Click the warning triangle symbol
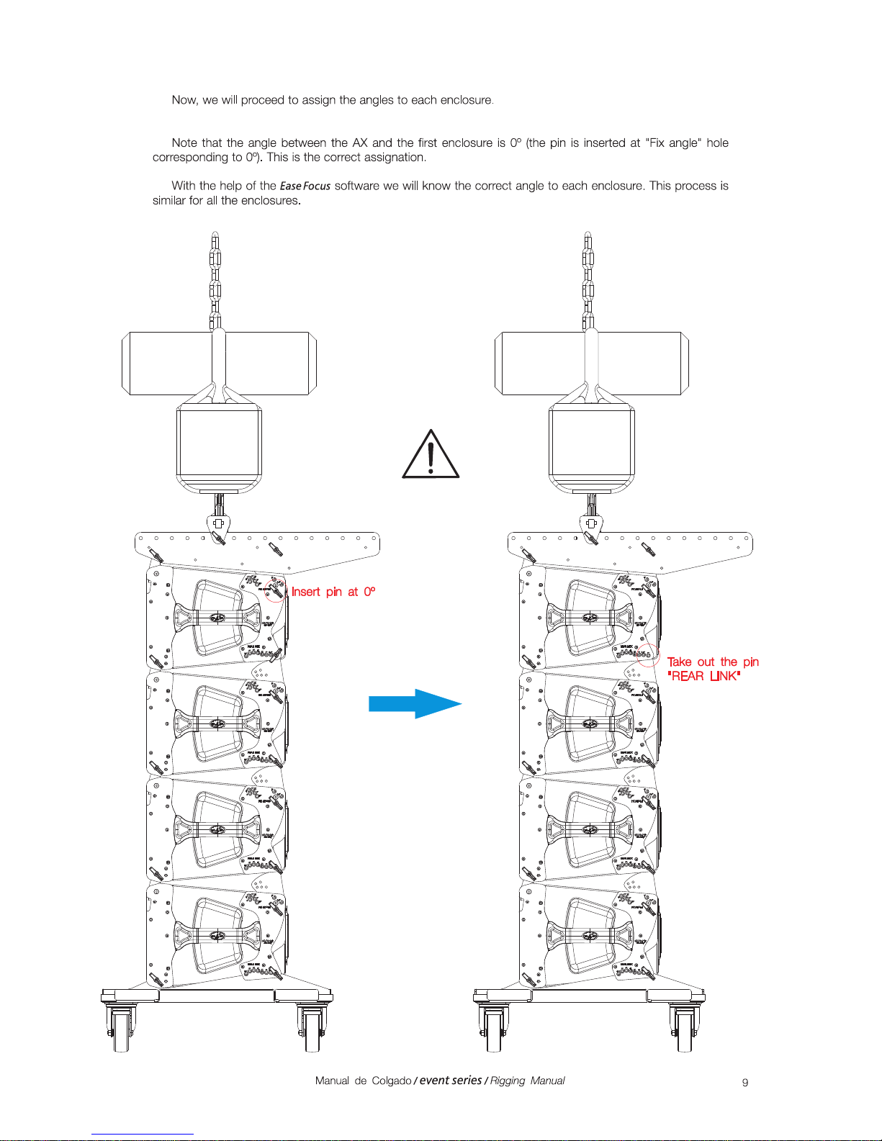click(430, 456)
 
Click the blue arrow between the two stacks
click(414, 703)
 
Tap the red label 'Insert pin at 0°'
click(333, 592)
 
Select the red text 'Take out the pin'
click(712, 662)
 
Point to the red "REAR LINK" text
click(703, 676)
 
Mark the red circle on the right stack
click(647, 655)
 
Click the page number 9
click(745, 1082)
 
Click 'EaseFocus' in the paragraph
click(305, 186)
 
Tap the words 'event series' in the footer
click(450, 1080)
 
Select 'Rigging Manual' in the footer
click(527, 1081)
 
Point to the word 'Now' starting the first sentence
click(184, 100)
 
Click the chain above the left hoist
click(215, 281)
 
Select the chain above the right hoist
click(588, 281)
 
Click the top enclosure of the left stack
click(216, 617)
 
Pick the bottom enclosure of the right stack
click(588, 934)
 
